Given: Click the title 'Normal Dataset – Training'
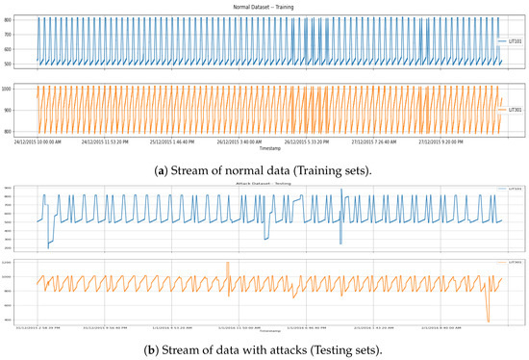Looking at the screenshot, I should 264,7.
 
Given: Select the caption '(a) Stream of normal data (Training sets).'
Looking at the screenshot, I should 264,167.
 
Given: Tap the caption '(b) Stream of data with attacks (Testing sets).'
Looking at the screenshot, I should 264,348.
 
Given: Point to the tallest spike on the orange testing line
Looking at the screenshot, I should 227,264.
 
